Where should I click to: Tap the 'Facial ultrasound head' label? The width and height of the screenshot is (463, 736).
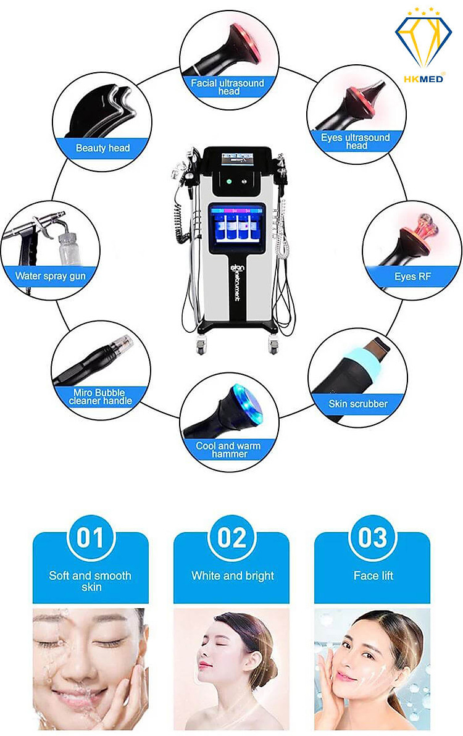[x=228, y=87]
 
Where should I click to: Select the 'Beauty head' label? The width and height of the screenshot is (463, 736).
[x=102, y=148]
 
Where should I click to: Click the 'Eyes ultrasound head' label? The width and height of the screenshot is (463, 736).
[x=356, y=141]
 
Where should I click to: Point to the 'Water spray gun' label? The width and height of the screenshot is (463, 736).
[x=50, y=276]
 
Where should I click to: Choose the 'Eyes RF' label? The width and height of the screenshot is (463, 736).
[x=412, y=277]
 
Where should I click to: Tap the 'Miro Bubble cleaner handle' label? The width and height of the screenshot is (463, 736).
[x=100, y=396]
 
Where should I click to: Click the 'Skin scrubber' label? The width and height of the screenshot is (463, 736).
[x=358, y=404]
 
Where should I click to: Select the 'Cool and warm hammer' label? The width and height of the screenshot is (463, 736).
[x=228, y=450]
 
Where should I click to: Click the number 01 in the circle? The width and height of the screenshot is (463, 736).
[x=90, y=538]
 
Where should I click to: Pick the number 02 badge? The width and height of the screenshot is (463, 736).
[x=231, y=538]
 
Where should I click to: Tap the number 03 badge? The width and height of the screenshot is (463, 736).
[x=372, y=538]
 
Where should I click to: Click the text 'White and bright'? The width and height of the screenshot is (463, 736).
[x=233, y=576]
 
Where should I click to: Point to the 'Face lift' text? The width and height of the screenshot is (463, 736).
[x=373, y=575]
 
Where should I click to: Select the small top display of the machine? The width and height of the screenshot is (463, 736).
[x=237, y=159]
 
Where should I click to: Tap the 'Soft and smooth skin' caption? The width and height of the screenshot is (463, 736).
[x=90, y=581]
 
